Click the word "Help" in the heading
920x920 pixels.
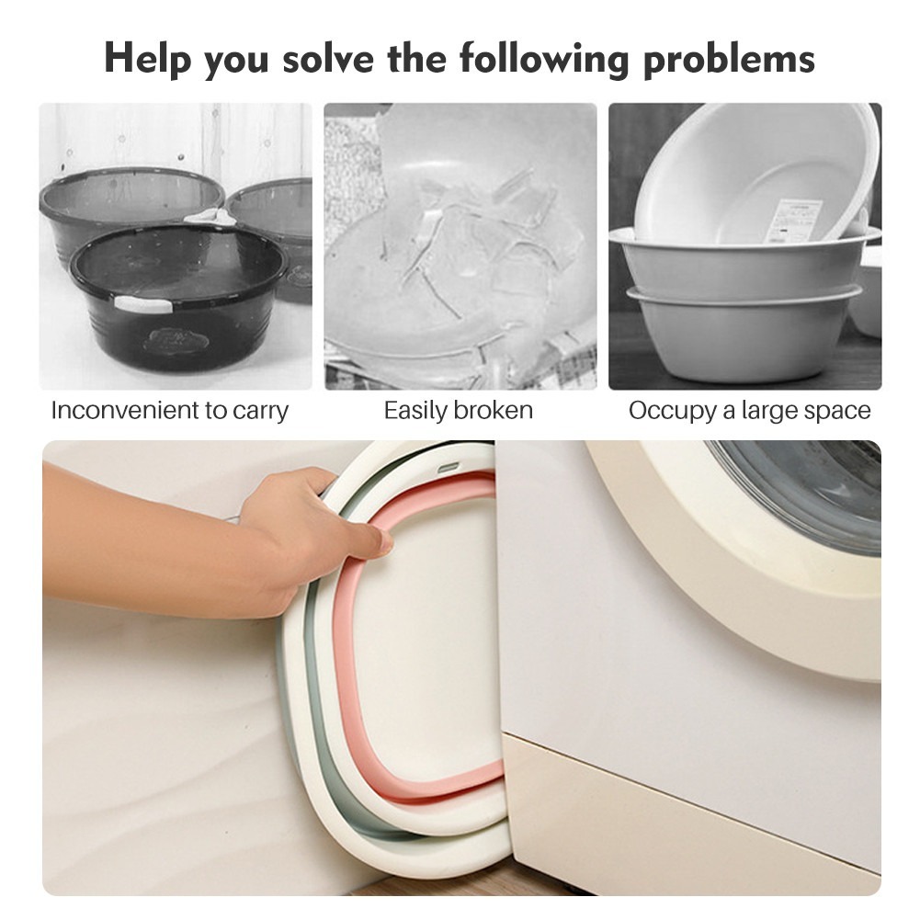[x=148, y=58]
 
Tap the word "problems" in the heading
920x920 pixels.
[x=730, y=59]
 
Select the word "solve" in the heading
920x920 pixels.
[x=328, y=59]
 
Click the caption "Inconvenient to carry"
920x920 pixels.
[x=169, y=411]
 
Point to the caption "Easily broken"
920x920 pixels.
[x=459, y=410]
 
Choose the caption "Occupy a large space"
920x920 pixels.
[x=749, y=411]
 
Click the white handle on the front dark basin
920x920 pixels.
[x=143, y=304]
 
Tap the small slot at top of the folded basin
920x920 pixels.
[x=449, y=467]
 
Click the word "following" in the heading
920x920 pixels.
[x=544, y=59]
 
